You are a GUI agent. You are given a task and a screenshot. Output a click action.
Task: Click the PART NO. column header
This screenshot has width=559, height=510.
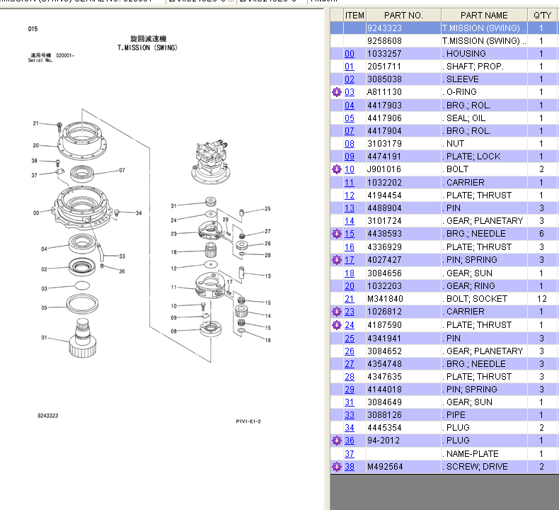coord(403,15)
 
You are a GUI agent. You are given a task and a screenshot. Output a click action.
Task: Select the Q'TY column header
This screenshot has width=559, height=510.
coord(542,15)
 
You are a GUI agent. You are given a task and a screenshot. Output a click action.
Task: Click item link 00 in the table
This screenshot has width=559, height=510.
coord(350,54)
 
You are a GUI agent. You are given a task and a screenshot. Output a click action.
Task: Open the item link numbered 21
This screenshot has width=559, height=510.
coord(350,299)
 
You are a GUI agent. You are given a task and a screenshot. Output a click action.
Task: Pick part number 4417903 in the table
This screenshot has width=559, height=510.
coord(384,105)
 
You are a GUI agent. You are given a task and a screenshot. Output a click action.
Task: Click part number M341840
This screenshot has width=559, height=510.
coord(384,299)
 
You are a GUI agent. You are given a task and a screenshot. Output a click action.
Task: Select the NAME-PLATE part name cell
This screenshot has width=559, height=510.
coord(472,454)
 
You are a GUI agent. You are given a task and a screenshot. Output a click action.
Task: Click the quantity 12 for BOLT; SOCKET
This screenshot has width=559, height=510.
coord(542,299)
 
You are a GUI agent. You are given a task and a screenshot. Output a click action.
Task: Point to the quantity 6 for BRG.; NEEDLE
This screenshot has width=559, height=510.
coord(542,234)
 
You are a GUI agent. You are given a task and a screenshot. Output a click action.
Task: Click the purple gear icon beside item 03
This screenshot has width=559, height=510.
coord(337,92)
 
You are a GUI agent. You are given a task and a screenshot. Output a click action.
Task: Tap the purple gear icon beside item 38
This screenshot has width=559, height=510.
coord(337,467)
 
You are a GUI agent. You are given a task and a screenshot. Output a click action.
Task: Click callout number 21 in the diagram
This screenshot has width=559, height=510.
coord(35,123)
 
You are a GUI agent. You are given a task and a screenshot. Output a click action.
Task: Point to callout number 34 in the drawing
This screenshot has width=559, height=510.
coord(139,213)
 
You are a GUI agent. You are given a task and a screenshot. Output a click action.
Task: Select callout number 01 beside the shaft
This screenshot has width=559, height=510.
coord(44,337)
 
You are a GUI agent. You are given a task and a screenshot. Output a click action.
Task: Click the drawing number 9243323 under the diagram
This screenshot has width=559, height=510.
coord(48,416)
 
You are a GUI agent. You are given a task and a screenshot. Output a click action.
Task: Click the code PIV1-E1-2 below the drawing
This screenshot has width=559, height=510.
coord(248,421)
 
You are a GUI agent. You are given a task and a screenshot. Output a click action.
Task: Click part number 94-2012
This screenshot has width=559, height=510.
coord(382,441)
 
